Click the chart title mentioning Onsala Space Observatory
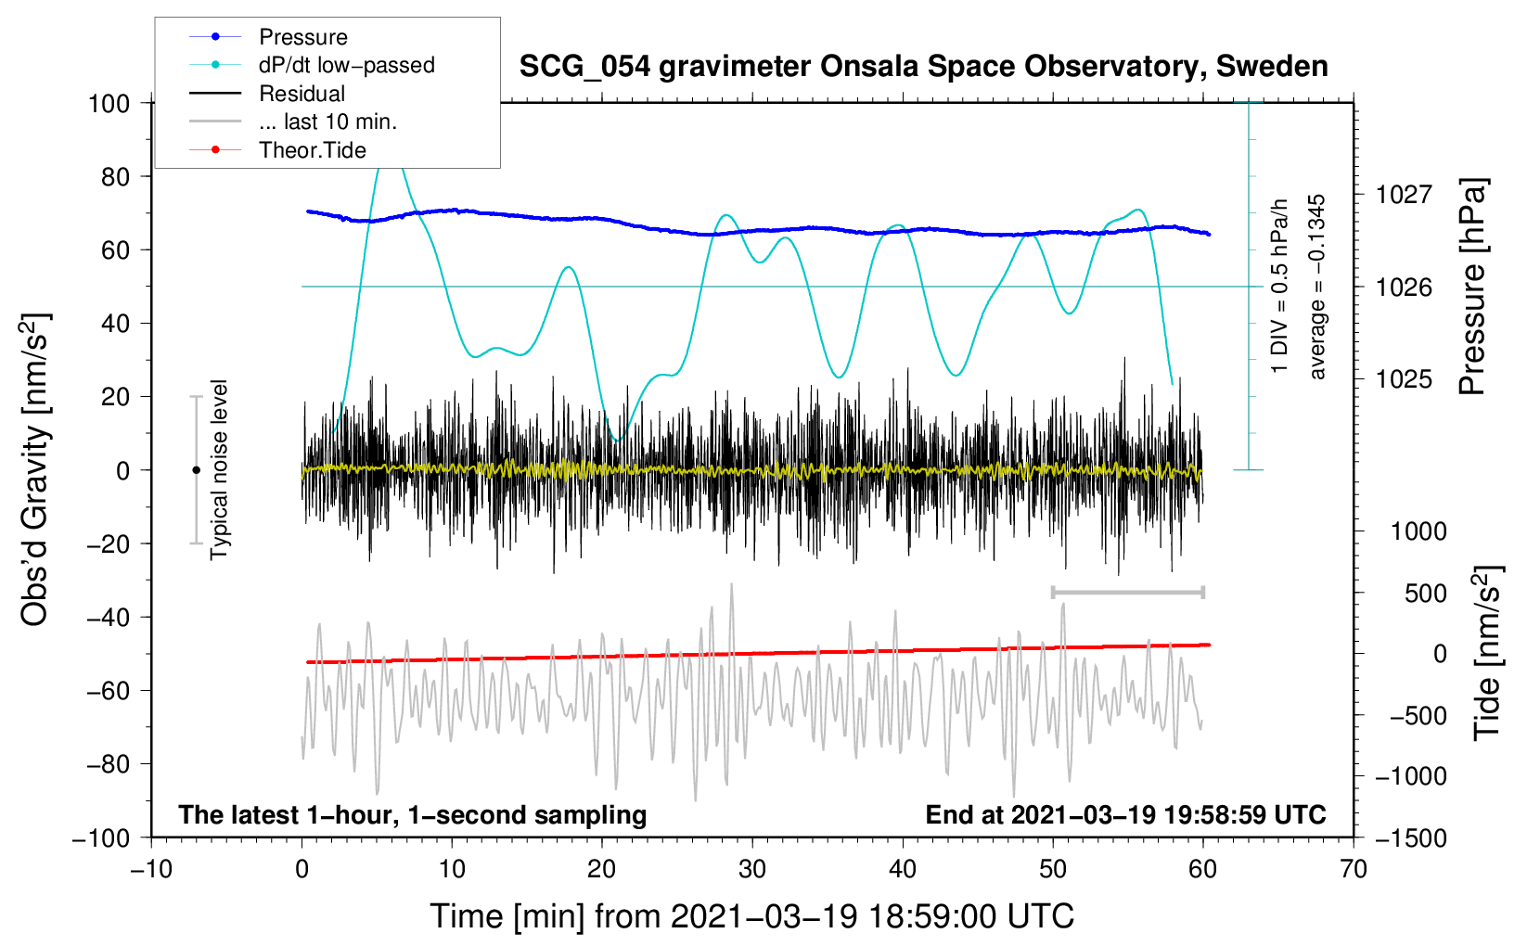(923, 67)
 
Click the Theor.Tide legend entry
(312, 150)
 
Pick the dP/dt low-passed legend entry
(346, 65)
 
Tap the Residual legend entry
(302, 94)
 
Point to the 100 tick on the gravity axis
(109, 103)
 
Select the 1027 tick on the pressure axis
(1404, 195)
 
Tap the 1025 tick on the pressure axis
(1404, 379)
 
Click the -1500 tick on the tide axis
(1411, 837)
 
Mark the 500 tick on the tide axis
(1425, 593)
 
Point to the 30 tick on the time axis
(752, 870)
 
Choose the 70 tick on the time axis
(1354, 870)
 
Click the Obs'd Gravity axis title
(35, 469)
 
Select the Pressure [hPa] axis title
(1473, 287)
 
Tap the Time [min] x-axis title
(751, 916)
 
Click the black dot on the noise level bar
(196, 470)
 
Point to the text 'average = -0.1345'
(1317, 287)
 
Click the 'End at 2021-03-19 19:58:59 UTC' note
(1125, 814)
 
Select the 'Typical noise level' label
(219, 469)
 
